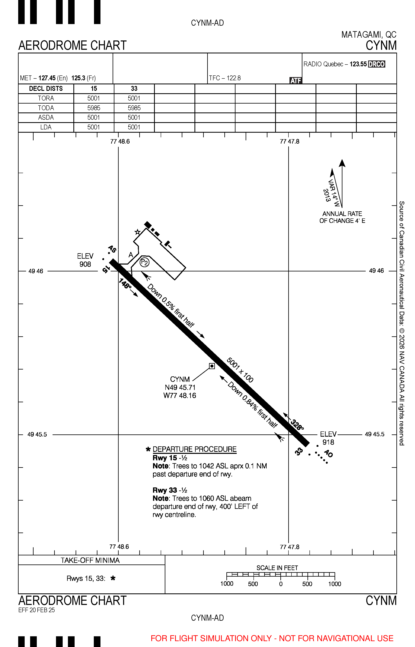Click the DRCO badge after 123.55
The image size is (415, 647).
(376, 64)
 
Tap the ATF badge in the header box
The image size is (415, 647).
(296, 80)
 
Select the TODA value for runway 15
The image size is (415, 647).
(94, 108)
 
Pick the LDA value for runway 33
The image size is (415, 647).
(134, 127)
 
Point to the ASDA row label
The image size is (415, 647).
(46, 117)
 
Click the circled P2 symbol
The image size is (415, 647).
(145, 262)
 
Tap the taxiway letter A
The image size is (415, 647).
(131, 255)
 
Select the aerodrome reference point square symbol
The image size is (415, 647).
(212, 366)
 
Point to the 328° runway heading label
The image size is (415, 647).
(297, 425)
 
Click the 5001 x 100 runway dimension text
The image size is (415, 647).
(240, 370)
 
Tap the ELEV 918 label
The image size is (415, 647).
(328, 438)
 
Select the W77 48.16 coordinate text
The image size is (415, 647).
(180, 395)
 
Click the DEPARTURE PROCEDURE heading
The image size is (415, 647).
(195, 449)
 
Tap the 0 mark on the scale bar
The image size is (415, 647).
(281, 584)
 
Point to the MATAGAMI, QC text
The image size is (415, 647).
(369, 35)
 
